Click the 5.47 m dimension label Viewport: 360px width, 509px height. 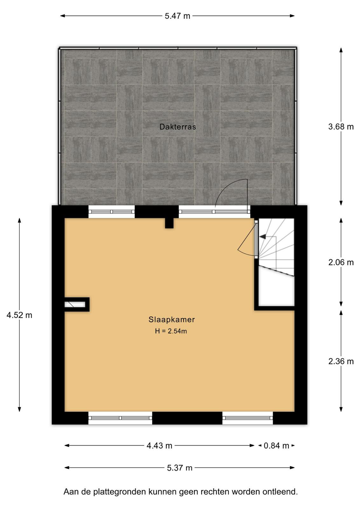coord(177,16)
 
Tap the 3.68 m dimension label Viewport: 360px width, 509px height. coord(341,127)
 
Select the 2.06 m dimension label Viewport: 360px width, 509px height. coord(341,262)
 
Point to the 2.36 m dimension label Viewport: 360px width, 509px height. coord(341,361)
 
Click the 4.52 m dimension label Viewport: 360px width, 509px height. coord(19,315)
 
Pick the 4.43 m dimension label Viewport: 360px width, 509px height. coord(159,446)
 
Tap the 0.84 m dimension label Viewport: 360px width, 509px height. coord(276,446)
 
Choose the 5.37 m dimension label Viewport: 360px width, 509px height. coord(180,468)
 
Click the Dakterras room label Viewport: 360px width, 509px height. coord(178,127)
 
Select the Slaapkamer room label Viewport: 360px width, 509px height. coord(172,320)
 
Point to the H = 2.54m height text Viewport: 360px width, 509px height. coord(171,331)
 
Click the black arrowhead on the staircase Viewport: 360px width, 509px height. coord(263,237)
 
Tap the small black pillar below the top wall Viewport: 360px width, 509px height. coord(169,223)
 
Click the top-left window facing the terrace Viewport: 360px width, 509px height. coord(111,212)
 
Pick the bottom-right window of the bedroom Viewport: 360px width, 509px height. coord(247,418)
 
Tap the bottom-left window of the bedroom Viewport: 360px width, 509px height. coord(120,418)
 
